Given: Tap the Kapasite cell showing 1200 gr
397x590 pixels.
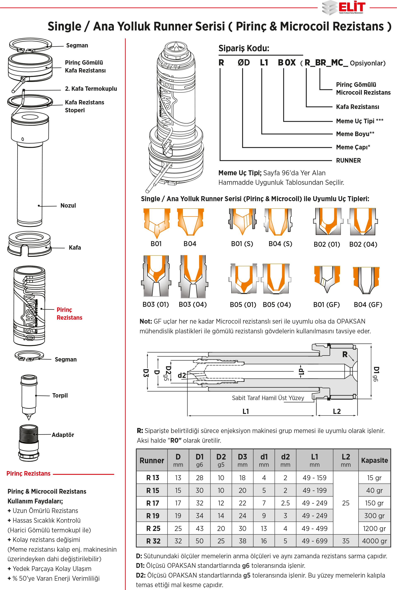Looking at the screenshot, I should coord(374,528).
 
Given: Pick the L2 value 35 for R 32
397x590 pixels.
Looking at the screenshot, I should coord(346,541).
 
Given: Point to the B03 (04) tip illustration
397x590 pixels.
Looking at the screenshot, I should coord(193,276).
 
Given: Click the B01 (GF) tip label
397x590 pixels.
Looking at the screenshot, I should coord(326,305).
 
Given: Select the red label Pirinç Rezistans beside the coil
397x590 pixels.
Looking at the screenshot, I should coord(69,313).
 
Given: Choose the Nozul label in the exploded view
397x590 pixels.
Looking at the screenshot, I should coord(68,206).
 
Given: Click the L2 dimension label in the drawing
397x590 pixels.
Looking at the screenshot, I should coord(337,411).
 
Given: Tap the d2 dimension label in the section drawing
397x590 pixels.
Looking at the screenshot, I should coord(182,375).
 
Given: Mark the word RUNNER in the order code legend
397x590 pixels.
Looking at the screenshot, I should coord(348,160).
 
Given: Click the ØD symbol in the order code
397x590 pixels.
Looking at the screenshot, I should coord(243,63).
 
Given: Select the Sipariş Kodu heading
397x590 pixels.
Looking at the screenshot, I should coord(244,48).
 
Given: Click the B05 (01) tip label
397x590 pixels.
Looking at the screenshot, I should coord(243,305).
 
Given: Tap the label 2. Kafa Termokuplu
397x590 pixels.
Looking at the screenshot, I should coord(91,89).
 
